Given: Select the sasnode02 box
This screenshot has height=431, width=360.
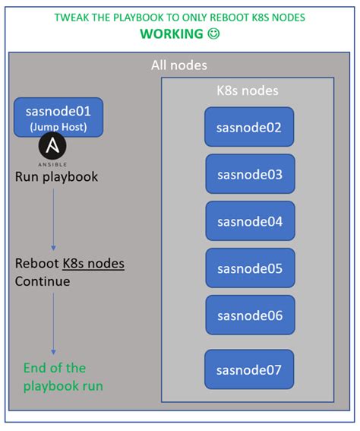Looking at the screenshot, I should coord(249,127).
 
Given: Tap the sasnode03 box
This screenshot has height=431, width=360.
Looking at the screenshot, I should coord(249,174).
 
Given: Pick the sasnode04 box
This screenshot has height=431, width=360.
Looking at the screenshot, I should coord(249,221).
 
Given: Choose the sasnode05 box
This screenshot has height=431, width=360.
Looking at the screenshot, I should coord(249,268).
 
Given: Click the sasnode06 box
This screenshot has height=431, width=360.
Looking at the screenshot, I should coord(249,315).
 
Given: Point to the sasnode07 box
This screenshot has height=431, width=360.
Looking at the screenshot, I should coord(249,369).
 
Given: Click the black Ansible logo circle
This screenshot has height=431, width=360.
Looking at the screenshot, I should coord(52,145).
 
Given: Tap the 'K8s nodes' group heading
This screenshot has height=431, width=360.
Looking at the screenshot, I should coord(248,90).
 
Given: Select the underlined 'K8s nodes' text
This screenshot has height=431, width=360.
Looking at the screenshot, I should coord(93,265).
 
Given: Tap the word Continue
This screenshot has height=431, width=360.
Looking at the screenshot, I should coord(43,281).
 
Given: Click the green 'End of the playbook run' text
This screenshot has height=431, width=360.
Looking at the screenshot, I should coord(62,378).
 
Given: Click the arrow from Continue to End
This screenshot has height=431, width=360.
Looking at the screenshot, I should coord(53,323).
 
